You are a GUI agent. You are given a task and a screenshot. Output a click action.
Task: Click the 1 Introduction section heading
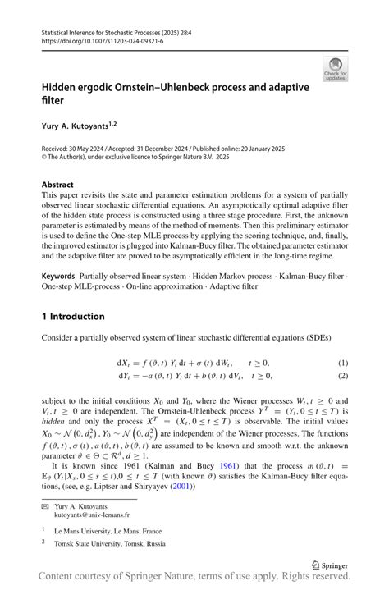tap(74, 316)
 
